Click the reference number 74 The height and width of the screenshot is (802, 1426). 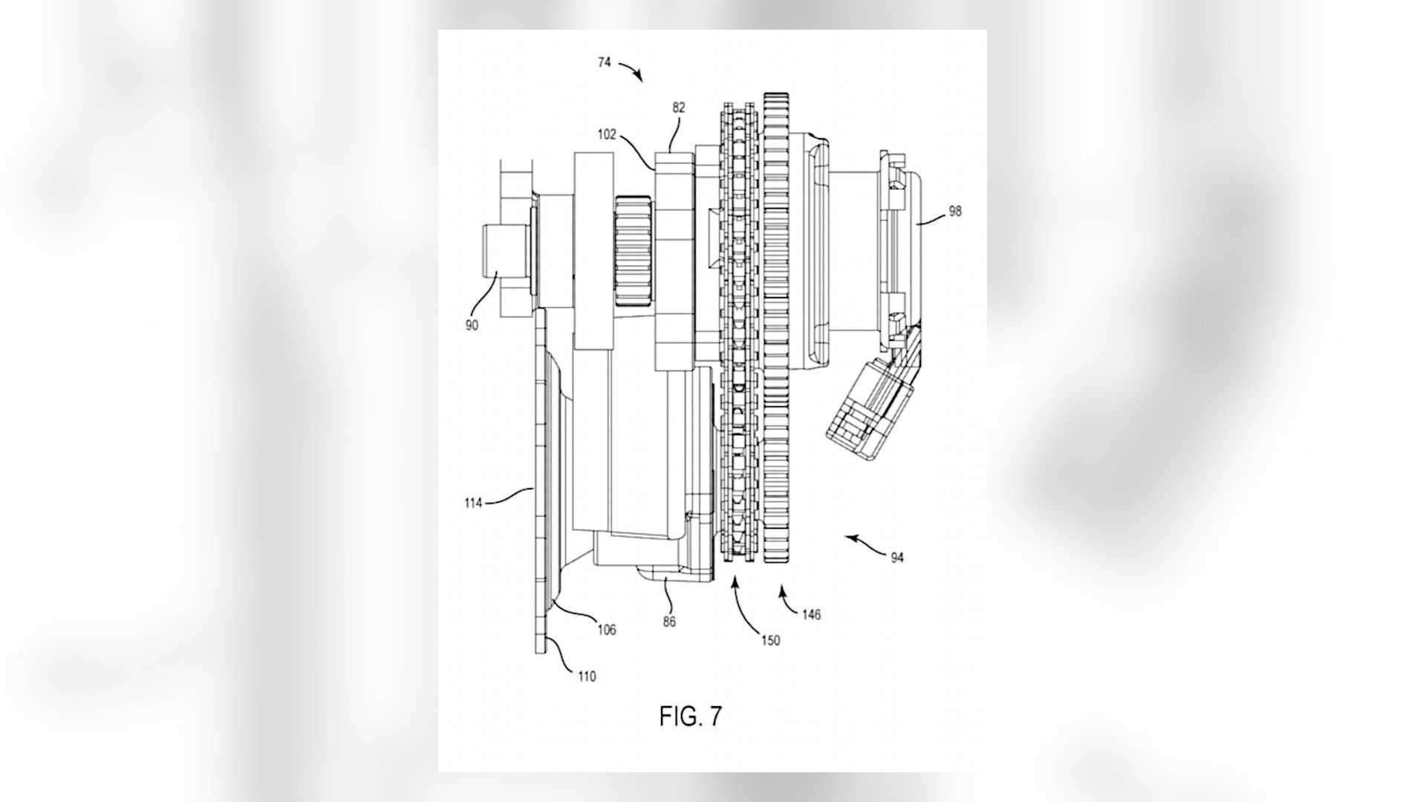point(604,63)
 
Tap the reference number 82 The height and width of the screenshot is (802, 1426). point(678,108)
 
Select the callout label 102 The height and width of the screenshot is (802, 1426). point(607,135)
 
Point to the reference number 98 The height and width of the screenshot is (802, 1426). point(954,211)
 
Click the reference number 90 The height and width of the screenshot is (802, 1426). point(472,325)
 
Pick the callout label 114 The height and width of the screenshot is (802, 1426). point(473,503)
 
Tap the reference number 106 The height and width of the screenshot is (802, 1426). point(607,630)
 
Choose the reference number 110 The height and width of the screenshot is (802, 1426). point(586,677)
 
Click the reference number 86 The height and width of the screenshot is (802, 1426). point(669,622)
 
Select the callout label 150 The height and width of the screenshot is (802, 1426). point(770,640)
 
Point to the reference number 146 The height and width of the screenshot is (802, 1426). point(811,614)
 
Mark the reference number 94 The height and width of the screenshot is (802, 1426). point(897,558)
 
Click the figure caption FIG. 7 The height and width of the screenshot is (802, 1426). point(690,716)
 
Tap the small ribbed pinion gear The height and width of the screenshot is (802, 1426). point(634,249)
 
